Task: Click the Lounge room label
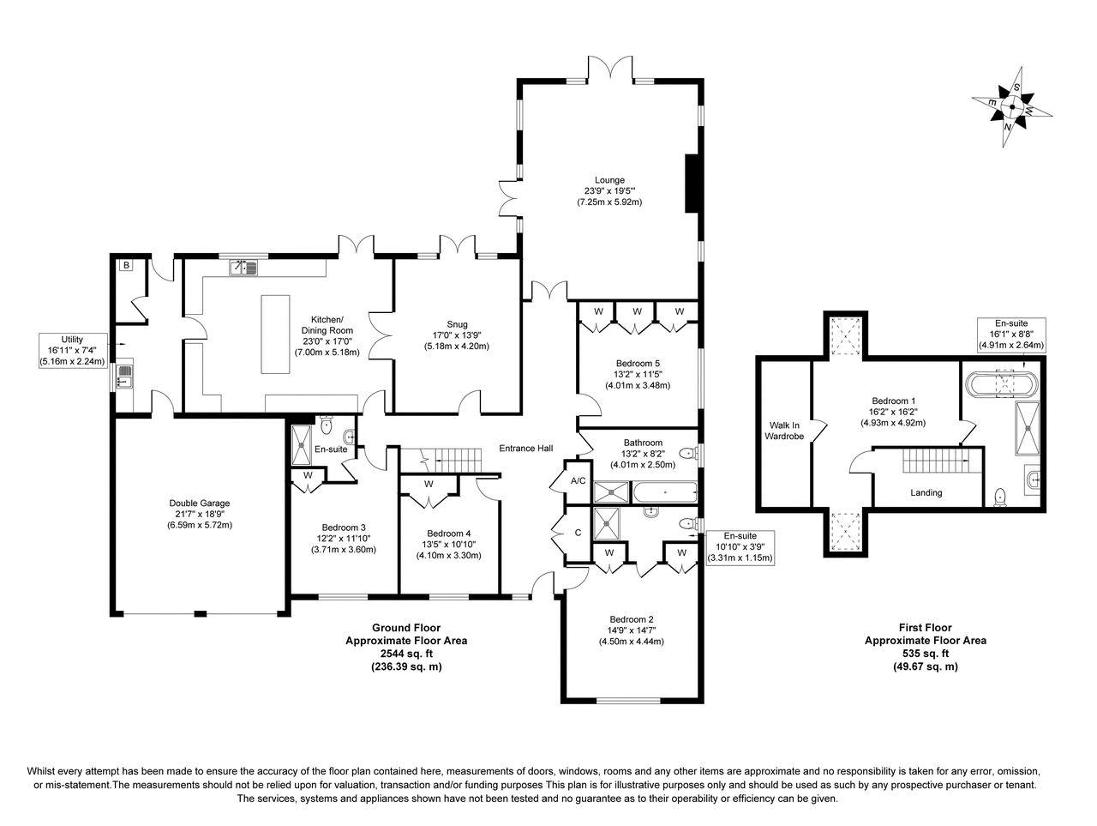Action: [x=609, y=180]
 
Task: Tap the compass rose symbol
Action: [x=1012, y=106]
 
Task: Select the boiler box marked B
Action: [x=127, y=265]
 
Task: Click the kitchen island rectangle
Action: [x=275, y=334]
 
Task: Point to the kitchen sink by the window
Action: [x=243, y=268]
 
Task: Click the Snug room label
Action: [x=457, y=324]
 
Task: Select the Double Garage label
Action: [x=200, y=503]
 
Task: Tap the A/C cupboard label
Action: [x=578, y=481]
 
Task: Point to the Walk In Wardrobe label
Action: [x=784, y=431]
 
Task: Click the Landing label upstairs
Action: [x=926, y=492]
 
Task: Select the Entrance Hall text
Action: [x=525, y=448]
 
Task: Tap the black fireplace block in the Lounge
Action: [x=692, y=184]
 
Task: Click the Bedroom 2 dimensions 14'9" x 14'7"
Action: [x=631, y=630]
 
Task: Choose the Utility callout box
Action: [x=73, y=351]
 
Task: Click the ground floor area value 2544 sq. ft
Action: [x=406, y=654]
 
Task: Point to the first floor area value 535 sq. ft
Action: [x=926, y=654]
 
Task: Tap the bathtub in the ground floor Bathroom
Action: [x=665, y=492]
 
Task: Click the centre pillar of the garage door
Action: [x=200, y=613]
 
